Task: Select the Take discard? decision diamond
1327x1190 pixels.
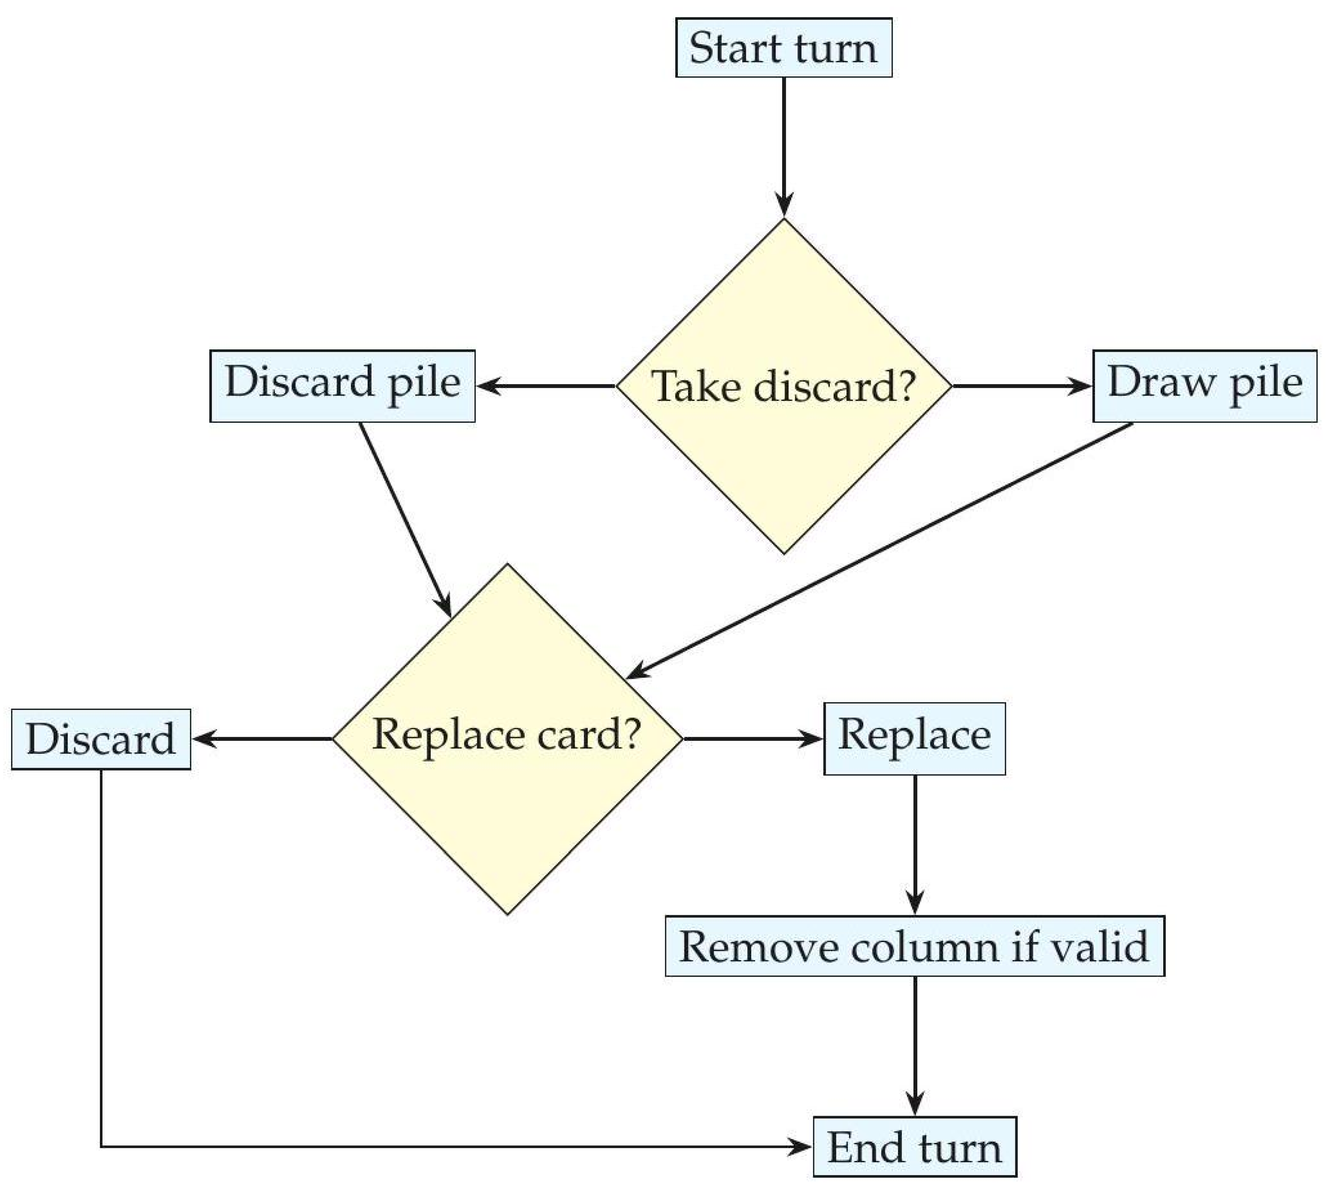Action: click(784, 386)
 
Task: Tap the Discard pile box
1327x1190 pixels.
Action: click(342, 386)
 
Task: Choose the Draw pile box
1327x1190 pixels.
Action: click(1205, 386)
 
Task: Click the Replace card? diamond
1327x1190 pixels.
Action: click(508, 739)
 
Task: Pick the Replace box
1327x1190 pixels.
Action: click(915, 739)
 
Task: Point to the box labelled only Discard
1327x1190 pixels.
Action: click(101, 739)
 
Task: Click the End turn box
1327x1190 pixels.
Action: click(915, 1147)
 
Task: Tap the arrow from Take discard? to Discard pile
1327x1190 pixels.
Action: click(546, 386)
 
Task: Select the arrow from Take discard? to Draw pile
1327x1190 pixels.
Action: click(1022, 386)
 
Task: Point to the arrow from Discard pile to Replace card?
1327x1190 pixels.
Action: click(405, 520)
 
